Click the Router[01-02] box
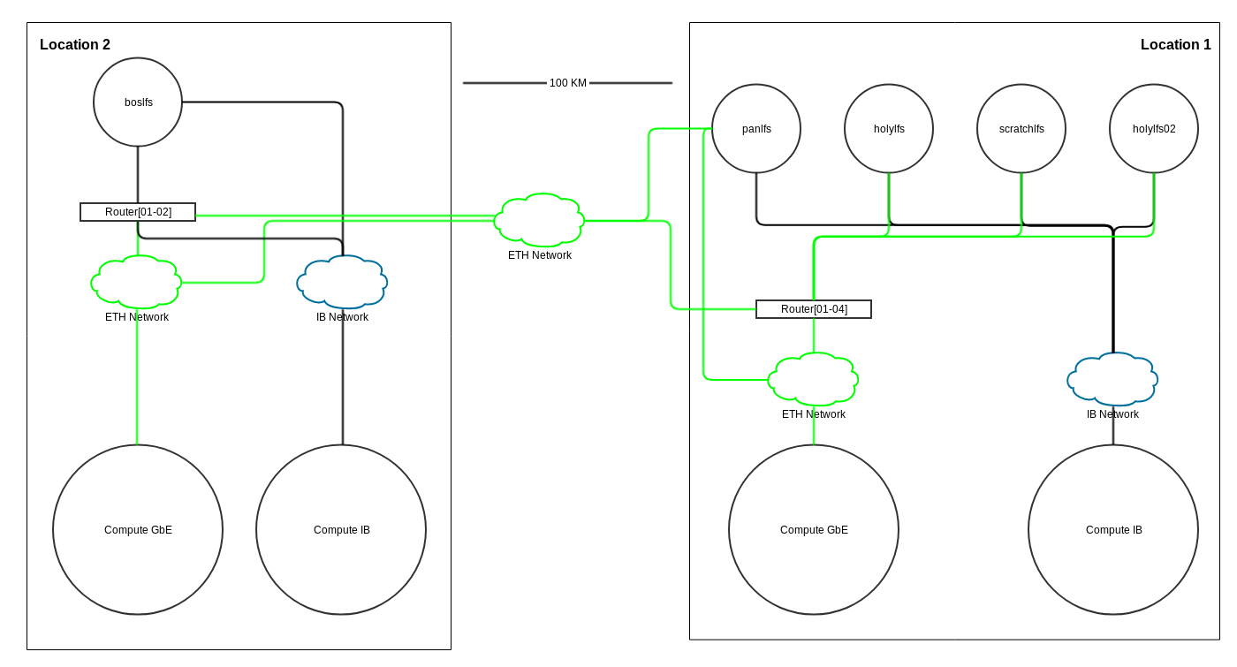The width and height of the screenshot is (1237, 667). tap(138, 212)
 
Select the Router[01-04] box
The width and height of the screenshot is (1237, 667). tap(814, 309)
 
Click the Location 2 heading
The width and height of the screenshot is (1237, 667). tap(75, 45)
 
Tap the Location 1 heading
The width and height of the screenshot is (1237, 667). tap(1176, 45)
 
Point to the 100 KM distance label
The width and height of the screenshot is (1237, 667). tap(567, 83)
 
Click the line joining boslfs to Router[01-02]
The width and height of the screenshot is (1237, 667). tap(138, 175)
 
